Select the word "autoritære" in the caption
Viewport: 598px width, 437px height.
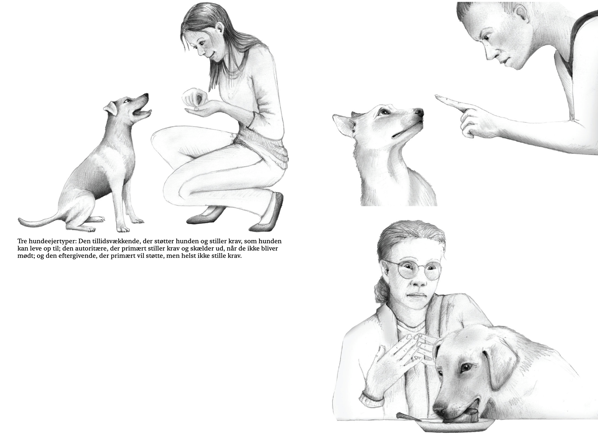[89, 249]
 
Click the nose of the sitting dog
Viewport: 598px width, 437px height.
[146, 95]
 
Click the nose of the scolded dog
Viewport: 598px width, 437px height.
[420, 113]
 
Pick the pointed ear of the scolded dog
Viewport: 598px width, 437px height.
[342, 124]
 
